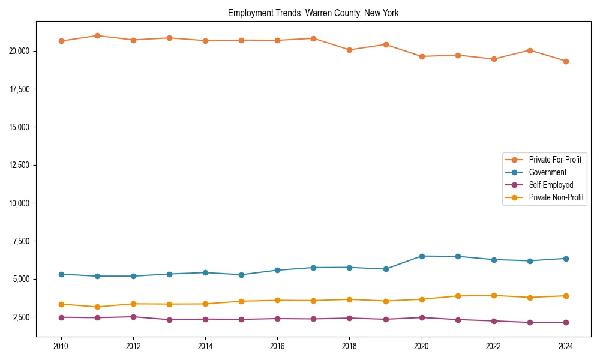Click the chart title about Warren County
click(x=313, y=13)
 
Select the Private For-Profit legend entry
click(x=555, y=160)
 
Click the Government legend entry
click(x=547, y=172)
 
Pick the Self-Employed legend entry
click(x=551, y=185)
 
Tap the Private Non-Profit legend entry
click(x=556, y=197)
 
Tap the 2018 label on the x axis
click(x=350, y=346)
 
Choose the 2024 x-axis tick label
click(x=566, y=346)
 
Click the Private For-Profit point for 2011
click(x=97, y=35)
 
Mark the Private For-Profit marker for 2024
click(x=566, y=61)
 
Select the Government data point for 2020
click(x=422, y=256)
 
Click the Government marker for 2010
click(x=61, y=274)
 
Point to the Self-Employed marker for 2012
click(x=133, y=317)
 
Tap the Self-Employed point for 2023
click(x=530, y=322)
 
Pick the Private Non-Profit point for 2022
click(x=494, y=295)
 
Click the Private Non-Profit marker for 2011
click(x=97, y=307)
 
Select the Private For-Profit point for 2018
click(x=350, y=50)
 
